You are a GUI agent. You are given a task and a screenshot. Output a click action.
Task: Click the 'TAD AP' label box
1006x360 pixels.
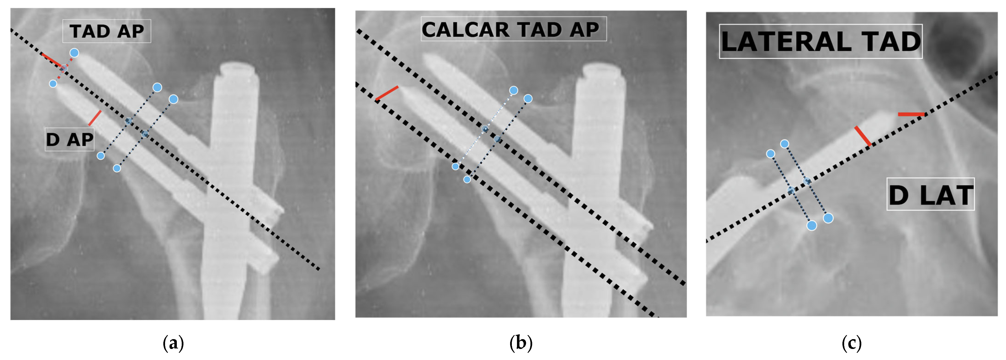point(107,31)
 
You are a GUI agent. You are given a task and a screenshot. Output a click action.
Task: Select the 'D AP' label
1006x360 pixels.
point(69,139)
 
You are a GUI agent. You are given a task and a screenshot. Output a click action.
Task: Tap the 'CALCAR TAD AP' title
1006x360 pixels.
point(513,29)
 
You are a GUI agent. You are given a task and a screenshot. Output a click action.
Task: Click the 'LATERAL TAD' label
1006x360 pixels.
point(821,42)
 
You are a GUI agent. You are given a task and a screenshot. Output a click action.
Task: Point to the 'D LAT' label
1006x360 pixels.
point(930,195)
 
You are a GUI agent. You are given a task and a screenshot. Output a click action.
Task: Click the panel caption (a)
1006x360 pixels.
point(173,343)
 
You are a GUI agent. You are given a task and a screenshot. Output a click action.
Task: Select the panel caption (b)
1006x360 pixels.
point(521,343)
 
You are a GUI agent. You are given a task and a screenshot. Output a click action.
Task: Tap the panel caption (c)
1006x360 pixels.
point(851,343)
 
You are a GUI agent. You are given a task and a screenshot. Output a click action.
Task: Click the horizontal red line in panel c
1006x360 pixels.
point(911,114)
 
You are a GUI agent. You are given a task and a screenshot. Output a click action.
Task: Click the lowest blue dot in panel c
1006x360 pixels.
point(812,225)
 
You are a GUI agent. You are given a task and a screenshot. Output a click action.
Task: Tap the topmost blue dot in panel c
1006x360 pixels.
point(785,144)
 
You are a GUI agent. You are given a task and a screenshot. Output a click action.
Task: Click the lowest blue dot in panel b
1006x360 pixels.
point(467,180)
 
